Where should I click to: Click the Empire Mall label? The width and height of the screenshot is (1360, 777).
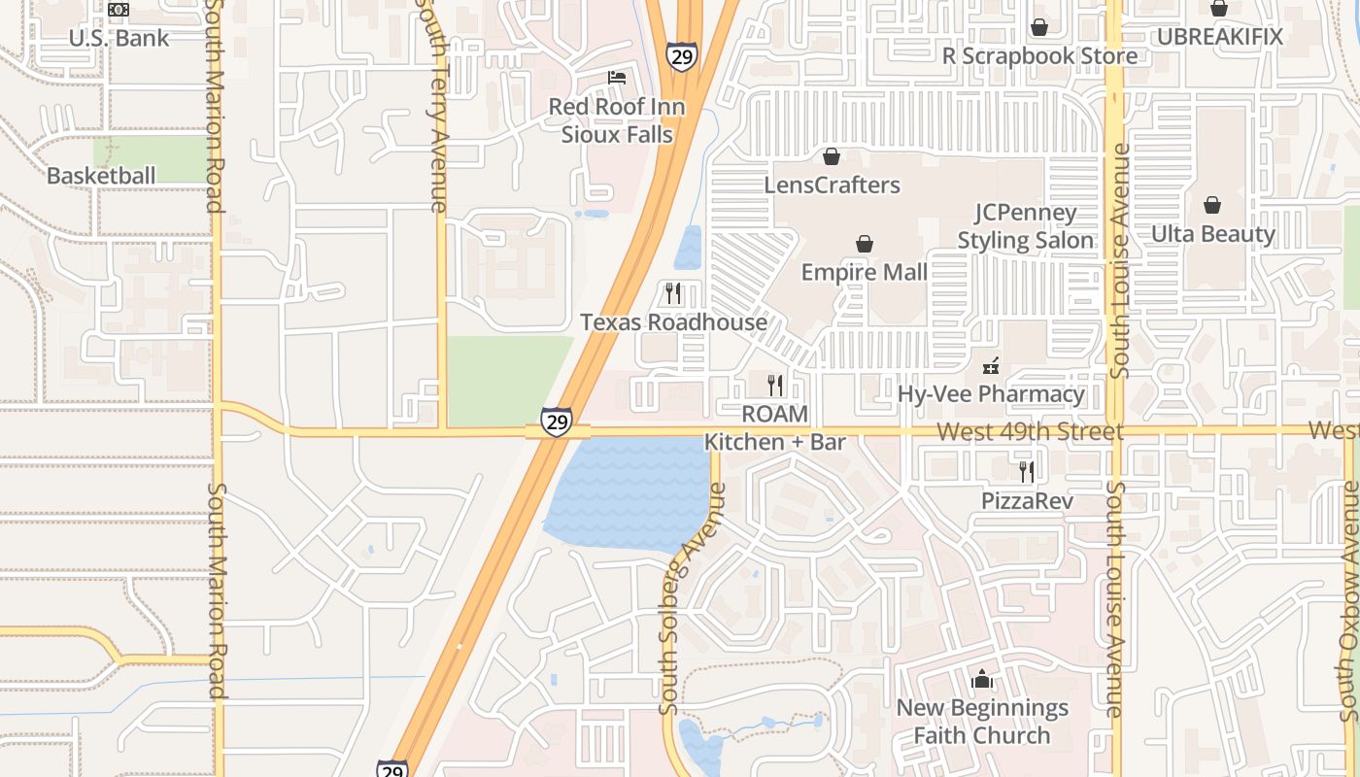(864, 273)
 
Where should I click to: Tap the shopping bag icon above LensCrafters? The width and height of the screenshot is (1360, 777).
(832, 156)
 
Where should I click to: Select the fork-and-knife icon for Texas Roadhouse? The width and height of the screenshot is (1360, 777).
(672, 292)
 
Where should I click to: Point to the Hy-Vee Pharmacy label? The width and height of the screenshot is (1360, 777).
(991, 394)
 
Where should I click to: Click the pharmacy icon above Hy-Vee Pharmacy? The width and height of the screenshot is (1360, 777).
(991, 366)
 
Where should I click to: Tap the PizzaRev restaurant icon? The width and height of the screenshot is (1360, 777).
(1026, 472)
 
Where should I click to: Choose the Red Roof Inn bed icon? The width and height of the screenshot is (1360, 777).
(616, 78)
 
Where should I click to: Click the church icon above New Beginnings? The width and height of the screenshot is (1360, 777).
(982, 679)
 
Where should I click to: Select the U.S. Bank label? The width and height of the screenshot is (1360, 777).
(119, 39)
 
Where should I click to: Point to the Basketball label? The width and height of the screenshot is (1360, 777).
(101, 176)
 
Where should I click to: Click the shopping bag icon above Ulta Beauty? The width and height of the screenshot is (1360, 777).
(1212, 205)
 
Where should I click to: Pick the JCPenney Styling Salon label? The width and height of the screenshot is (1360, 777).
(1026, 226)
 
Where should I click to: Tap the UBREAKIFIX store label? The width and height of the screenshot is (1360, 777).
(1219, 37)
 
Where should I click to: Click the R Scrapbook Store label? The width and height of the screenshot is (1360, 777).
(1039, 56)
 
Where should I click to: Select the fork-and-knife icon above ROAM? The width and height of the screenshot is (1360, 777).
(774, 386)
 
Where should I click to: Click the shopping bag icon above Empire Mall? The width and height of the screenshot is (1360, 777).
(864, 244)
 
